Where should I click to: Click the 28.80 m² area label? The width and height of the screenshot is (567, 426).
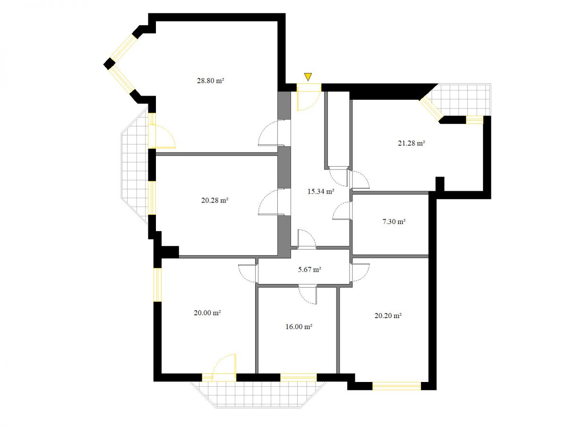(210, 80)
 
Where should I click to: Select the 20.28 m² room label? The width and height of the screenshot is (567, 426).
(215, 200)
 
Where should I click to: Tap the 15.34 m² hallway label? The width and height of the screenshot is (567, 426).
(320, 191)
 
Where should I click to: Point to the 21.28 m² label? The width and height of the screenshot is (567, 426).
(411, 143)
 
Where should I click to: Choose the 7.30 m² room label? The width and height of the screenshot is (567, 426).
(394, 222)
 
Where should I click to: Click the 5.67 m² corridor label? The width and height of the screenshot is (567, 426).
(309, 269)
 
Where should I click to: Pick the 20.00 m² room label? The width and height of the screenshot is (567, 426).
(207, 313)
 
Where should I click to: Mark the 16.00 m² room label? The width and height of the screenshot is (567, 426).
(299, 327)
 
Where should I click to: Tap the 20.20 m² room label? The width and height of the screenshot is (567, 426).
(388, 315)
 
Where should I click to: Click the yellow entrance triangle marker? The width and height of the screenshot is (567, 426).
(308, 77)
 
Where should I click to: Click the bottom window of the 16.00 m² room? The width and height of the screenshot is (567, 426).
(298, 377)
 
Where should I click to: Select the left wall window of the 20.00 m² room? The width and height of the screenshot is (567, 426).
(157, 285)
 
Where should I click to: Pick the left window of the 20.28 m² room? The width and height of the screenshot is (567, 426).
(152, 198)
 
